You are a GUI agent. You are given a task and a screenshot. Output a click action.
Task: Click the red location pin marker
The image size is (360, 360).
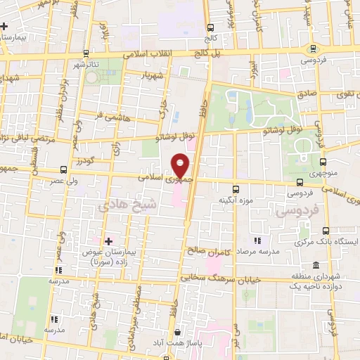tap(180, 166)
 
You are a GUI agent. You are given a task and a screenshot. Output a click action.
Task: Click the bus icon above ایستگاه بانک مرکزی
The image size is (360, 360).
tap(325, 230)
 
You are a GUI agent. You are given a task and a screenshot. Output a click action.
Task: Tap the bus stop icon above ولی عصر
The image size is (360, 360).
tap(63, 169)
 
